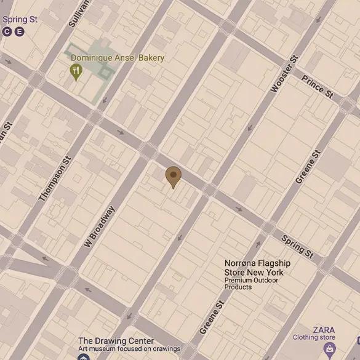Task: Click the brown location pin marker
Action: coord(174,177)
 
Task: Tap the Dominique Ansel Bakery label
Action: coord(118,58)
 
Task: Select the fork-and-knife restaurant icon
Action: coord(76,72)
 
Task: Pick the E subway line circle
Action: coord(20,31)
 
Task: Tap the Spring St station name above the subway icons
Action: coord(20,20)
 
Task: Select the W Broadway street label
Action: coord(99,227)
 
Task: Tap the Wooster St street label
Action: coord(284,74)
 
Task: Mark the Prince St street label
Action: coord(317,87)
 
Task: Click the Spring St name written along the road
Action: coord(297,246)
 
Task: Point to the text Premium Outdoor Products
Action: coord(251,284)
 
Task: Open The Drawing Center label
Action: coord(116,341)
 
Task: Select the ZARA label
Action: coord(324,329)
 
